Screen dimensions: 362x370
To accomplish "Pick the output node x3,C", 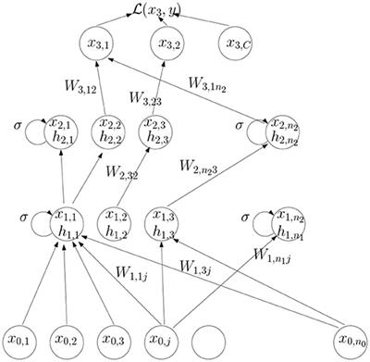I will pyautogui.click(x=239, y=44).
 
